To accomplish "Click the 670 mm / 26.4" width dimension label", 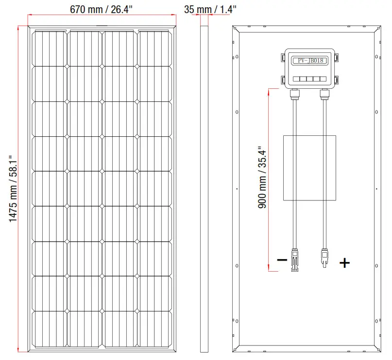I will [102, 9].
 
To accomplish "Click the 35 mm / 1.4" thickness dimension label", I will [210, 9].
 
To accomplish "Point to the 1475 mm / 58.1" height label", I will [13, 189].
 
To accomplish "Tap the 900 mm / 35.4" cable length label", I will [263, 178].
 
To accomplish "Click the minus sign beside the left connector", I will [282, 260].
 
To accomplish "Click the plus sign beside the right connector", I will [344, 263].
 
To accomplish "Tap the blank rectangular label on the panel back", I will [309, 168].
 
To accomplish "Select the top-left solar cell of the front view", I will [49, 48].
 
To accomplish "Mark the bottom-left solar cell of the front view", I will [49, 328].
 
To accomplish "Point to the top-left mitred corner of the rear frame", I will [236, 29].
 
